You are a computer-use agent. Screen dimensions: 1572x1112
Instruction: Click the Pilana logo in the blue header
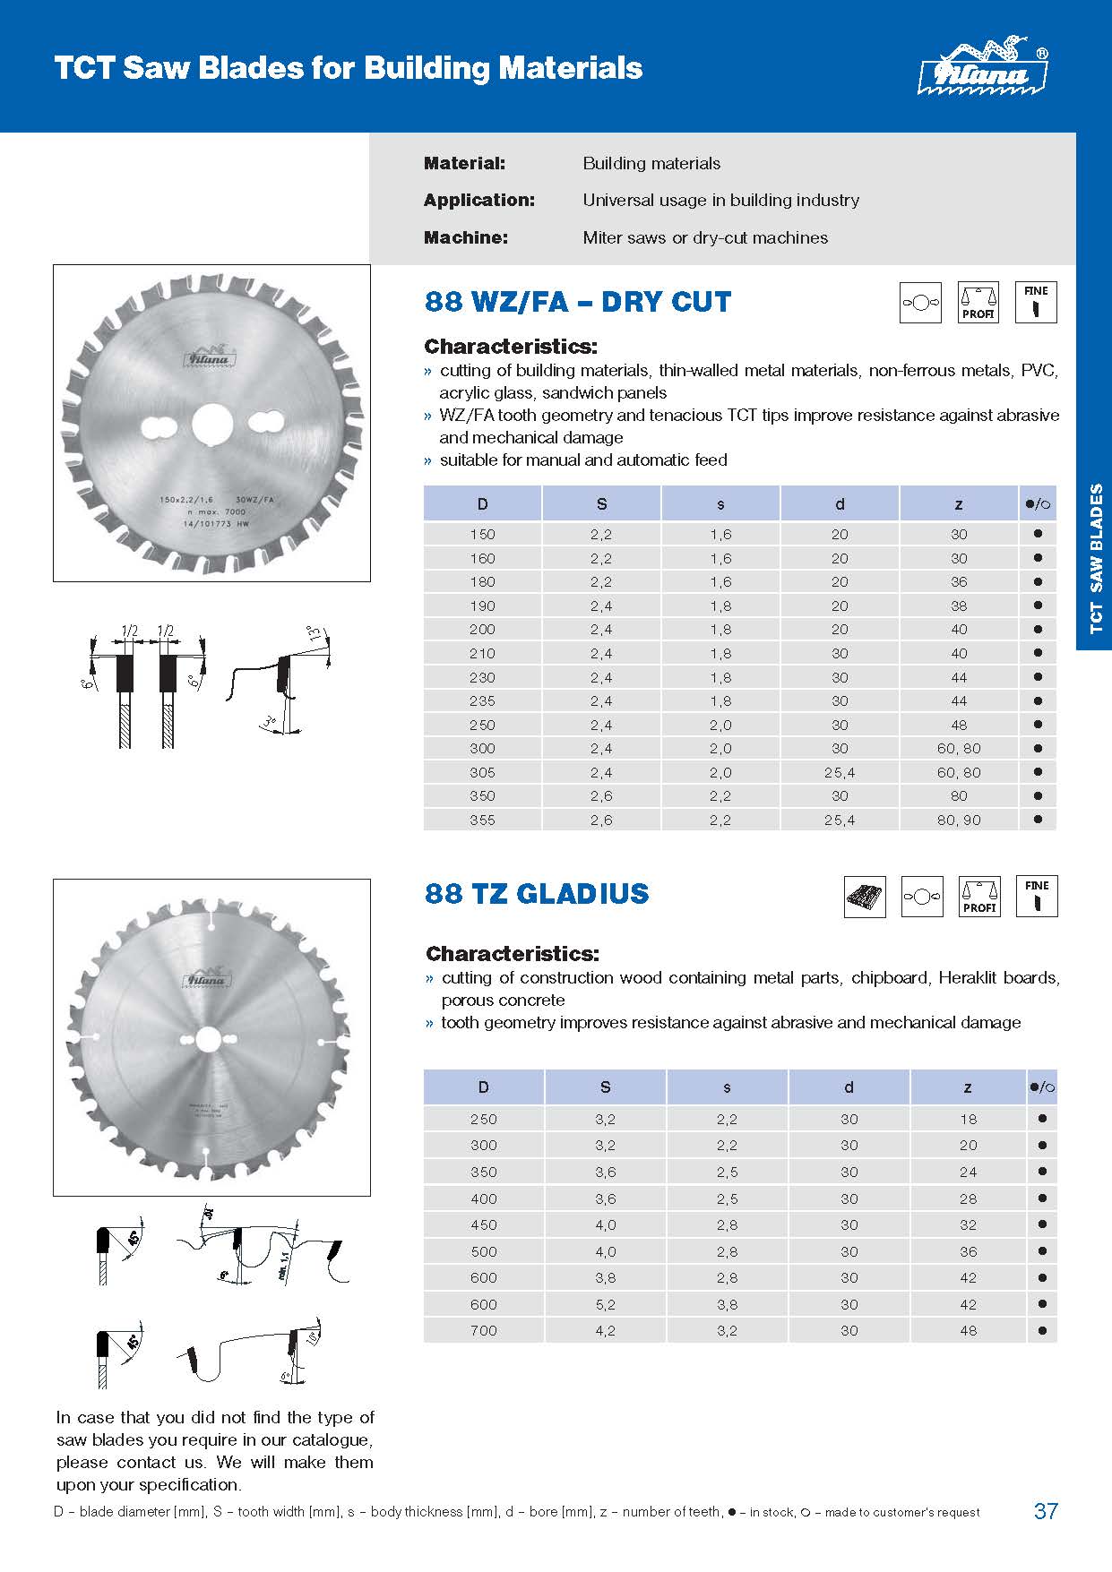(x=984, y=67)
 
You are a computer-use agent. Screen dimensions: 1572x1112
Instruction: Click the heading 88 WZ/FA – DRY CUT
(x=578, y=302)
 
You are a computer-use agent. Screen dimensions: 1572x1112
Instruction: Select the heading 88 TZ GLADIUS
(x=537, y=893)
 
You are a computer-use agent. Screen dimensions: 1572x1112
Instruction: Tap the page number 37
(x=1046, y=1511)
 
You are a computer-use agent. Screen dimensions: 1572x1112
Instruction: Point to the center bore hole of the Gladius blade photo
(x=208, y=1039)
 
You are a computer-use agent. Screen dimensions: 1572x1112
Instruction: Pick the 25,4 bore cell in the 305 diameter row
(x=840, y=772)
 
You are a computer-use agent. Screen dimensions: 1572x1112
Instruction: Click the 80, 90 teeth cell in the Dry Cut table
(x=959, y=820)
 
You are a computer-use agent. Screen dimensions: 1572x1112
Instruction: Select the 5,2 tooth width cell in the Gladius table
(x=605, y=1304)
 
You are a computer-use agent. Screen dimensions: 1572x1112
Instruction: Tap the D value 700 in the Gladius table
(x=483, y=1330)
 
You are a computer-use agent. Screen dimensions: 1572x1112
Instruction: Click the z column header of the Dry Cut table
(x=959, y=504)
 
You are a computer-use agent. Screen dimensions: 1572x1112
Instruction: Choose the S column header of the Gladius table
(x=605, y=1087)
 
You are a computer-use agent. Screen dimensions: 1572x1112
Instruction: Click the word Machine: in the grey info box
(x=465, y=237)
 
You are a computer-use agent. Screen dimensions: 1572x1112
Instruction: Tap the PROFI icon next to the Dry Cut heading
(x=978, y=303)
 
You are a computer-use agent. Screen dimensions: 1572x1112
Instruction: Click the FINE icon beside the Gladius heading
(x=1037, y=897)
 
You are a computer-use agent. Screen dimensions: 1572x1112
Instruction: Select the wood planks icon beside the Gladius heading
(x=865, y=897)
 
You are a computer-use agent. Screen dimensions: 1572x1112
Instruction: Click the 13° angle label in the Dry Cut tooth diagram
(x=315, y=634)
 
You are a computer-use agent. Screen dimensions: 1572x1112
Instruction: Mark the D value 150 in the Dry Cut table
(x=482, y=534)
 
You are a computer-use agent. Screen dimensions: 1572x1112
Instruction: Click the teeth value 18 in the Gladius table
(x=968, y=1119)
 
